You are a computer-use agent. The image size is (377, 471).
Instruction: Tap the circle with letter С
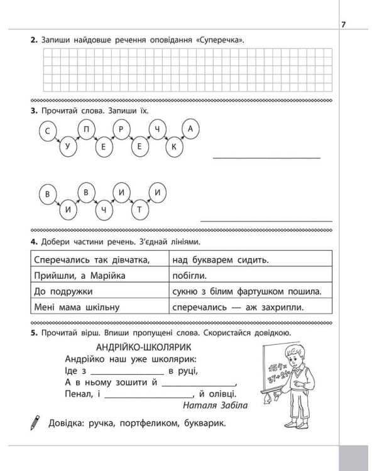click(47, 130)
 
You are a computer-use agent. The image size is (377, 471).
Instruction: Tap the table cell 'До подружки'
click(62, 291)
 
